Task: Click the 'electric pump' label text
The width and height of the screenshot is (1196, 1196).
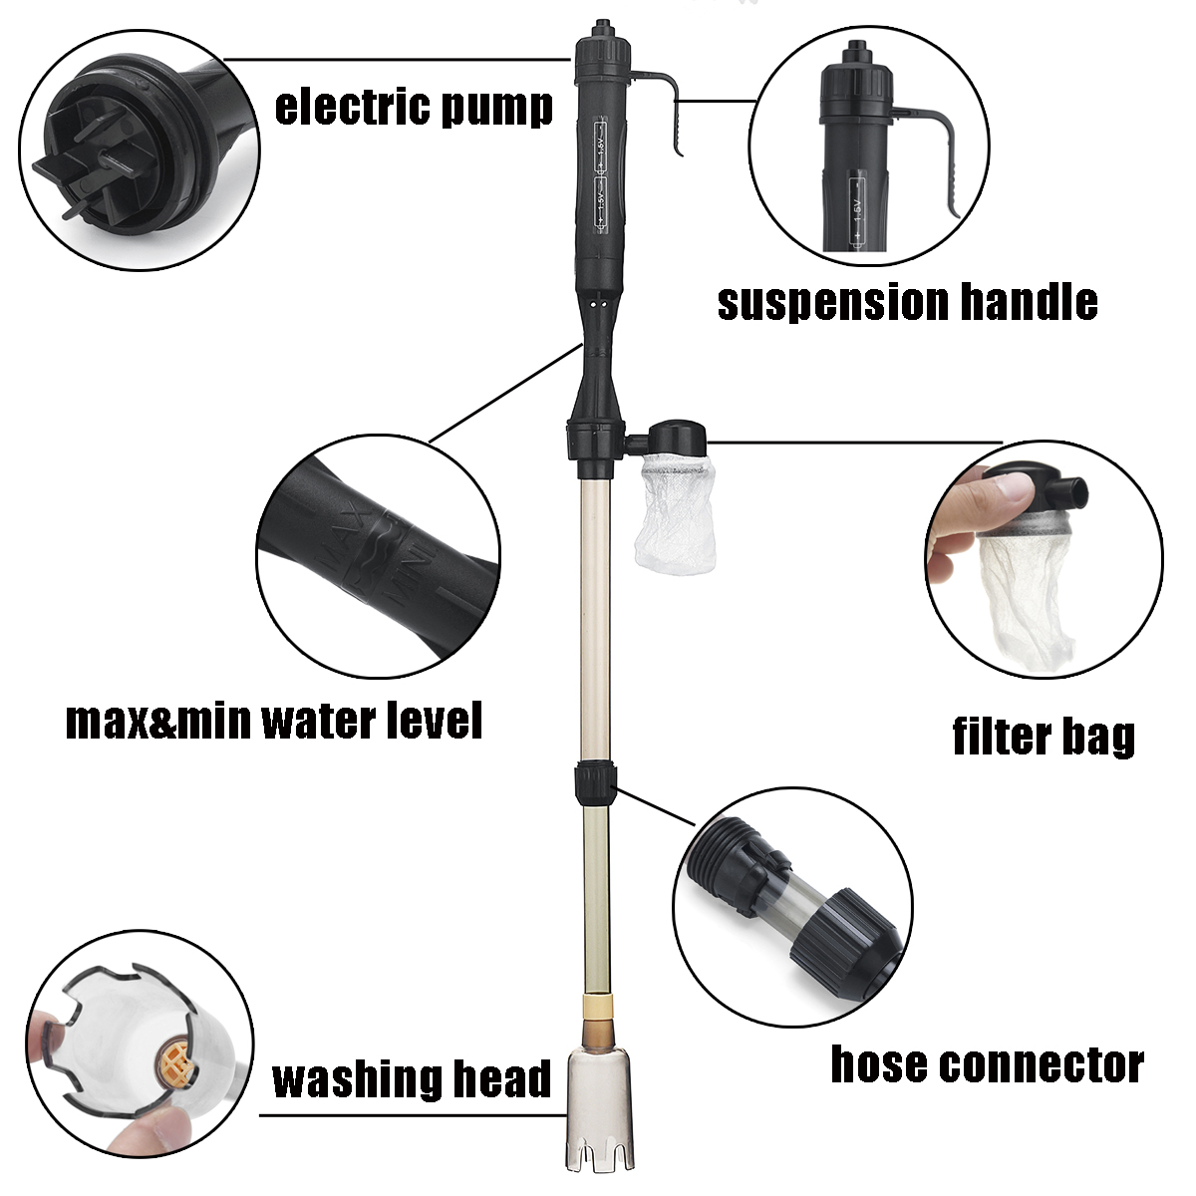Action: pos(414,107)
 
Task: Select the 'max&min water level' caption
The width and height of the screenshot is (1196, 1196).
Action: pos(274,721)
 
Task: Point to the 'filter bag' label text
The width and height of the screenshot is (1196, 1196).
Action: pos(1044,737)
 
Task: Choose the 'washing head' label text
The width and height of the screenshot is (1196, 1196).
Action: pos(412,1078)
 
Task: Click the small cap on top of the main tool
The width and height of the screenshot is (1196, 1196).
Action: pos(603,29)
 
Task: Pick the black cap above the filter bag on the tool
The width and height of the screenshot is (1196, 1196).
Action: pos(678,439)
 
